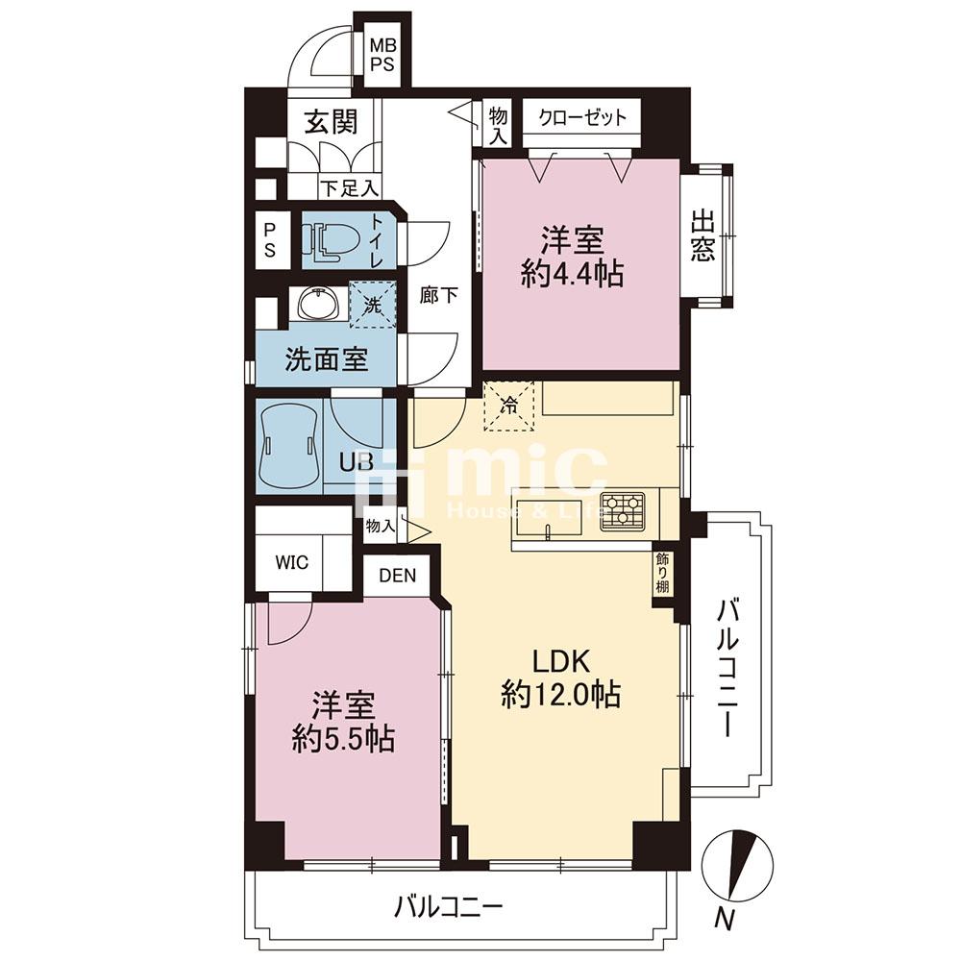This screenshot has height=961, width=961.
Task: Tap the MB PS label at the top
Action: click(383, 55)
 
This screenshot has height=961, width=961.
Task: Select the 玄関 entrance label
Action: click(332, 121)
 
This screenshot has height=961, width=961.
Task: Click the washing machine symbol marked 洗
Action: click(373, 304)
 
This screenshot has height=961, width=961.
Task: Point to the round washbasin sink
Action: click(318, 304)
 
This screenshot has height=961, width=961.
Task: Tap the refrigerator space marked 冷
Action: click(508, 406)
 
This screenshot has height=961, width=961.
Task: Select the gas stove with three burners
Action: click(623, 511)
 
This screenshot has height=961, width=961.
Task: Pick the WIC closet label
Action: click(292, 562)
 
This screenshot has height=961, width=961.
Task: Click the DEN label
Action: click(397, 576)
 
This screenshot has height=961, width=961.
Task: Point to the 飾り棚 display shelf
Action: click(662, 573)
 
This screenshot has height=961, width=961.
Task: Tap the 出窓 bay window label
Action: click(702, 236)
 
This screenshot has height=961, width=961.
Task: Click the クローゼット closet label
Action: click(582, 117)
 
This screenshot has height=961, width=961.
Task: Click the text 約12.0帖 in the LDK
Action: click(561, 695)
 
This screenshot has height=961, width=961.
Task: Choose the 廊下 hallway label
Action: click(438, 295)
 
